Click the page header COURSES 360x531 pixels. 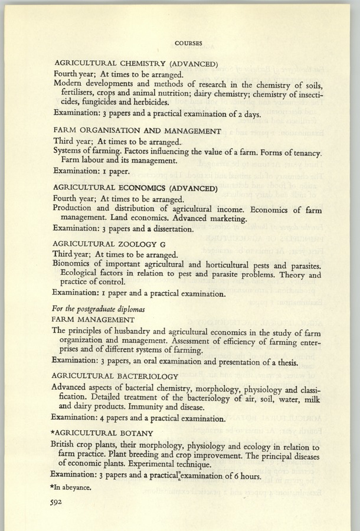tap(189, 43)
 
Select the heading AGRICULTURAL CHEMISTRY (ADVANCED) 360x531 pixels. tap(137, 64)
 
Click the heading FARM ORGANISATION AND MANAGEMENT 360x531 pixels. tap(137, 131)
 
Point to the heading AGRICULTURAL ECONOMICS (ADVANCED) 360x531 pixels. tap(136, 189)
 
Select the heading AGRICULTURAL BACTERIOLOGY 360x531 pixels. tap(114, 376)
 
